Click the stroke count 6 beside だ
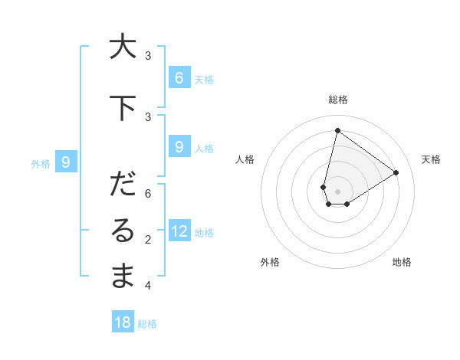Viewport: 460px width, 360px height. (x=148, y=193)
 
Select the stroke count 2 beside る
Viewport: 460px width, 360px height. (x=148, y=240)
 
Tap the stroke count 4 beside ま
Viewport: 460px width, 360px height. (x=148, y=286)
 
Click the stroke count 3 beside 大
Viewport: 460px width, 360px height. (x=148, y=55)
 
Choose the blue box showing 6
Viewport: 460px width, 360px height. (x=179, y=77)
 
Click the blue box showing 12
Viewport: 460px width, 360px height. (x=179, y=231)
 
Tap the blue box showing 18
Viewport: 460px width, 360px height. (x=123, y=322)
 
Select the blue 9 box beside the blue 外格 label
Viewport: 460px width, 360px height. (x=66, y=162)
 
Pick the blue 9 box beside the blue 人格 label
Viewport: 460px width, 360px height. (x=179, y=147)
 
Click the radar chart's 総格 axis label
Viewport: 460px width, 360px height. (x=338, y=100)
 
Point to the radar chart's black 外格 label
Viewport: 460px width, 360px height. (x=270, y=262)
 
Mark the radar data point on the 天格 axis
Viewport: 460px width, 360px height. (x=396, y=172)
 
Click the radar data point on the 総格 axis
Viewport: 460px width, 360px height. (x=337, y=130)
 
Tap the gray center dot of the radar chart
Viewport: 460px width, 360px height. (x=337, y=191)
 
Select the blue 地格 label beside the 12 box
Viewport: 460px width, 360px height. (x=204, y=232)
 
